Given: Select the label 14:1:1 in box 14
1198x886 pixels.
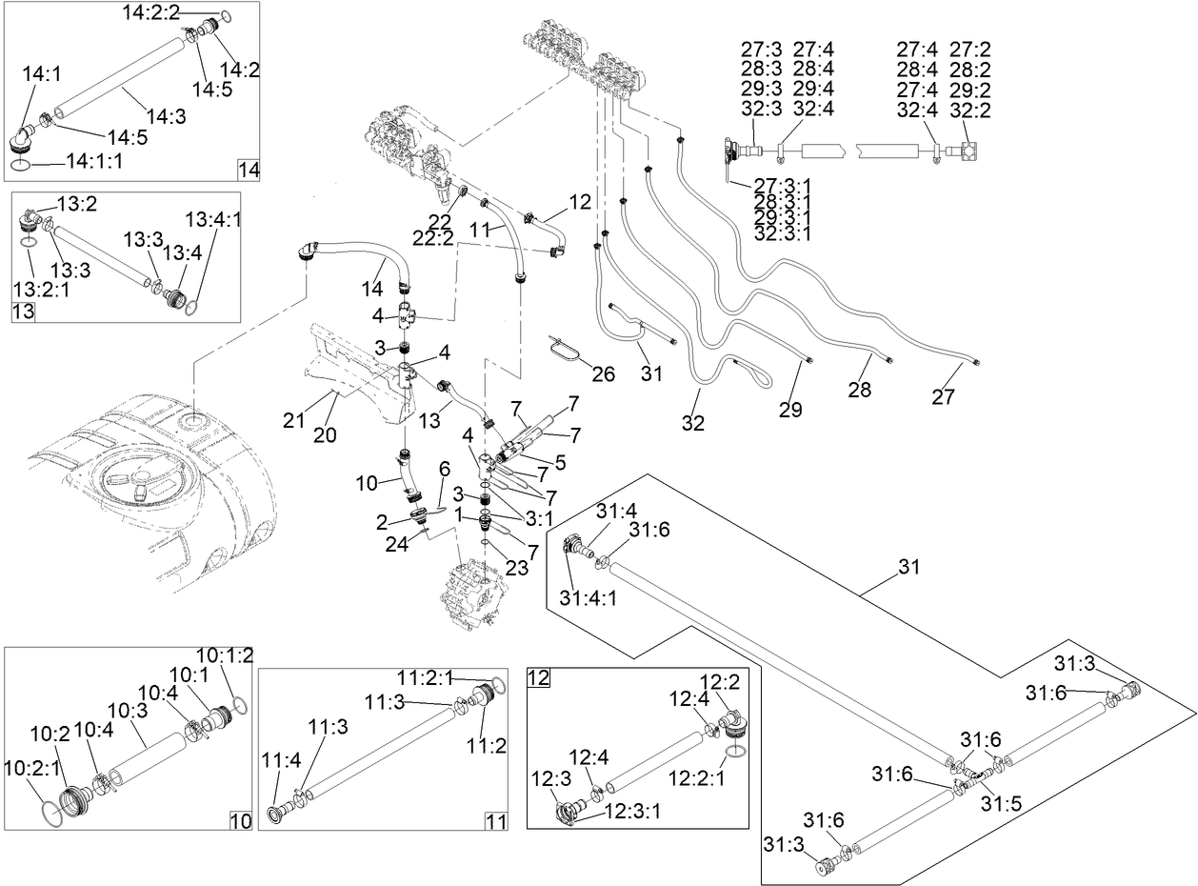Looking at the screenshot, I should [x=94, y=162].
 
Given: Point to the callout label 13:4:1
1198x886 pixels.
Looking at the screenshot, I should [x=213, y=219].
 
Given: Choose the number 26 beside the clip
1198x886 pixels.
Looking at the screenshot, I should [x=603, y=373].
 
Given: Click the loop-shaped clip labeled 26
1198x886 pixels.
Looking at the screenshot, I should [x=566, y=349].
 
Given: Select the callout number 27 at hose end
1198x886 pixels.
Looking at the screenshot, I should [x=942, y=397].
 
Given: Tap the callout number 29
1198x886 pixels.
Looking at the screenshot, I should [x=789, y=410].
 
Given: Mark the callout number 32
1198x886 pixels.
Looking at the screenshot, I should [x=692, y=423].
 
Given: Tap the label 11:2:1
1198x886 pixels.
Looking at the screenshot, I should [x=427, y=677].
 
